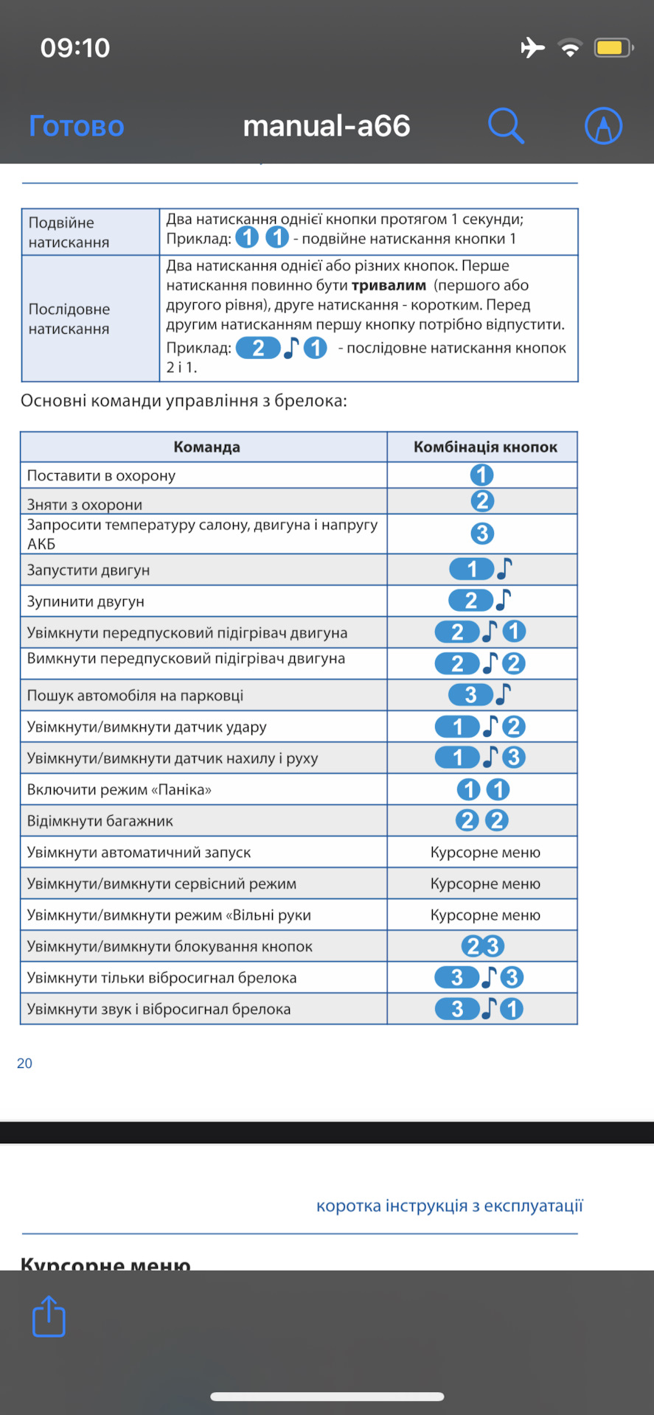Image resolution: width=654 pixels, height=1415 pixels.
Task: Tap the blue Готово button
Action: click(77, 126)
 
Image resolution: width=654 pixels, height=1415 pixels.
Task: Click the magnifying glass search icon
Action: click(506, 125)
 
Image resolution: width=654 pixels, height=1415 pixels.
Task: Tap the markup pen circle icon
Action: click(603, 125)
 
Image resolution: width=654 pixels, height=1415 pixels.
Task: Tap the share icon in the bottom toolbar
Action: click(49, 1316)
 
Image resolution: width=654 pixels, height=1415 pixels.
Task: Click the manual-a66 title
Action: click(327, 126)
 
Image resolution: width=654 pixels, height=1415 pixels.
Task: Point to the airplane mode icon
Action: click(532, 48)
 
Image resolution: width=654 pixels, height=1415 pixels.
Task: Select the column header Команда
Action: click(206, 447)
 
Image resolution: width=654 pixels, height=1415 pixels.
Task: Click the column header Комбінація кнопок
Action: click(485, 447)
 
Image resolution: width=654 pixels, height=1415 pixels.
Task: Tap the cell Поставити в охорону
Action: click(102, 475)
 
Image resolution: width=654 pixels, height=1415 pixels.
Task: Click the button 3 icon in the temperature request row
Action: click(482, 534)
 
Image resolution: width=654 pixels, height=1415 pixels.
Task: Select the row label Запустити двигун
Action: click(88, 570)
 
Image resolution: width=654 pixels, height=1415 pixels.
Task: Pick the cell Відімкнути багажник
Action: click(100, 821)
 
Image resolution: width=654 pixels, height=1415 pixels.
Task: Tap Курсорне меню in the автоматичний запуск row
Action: click(485, 853)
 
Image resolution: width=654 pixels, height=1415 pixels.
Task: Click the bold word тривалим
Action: click(389, 285)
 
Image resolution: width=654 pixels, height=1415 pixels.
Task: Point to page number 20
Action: click(24, 1063)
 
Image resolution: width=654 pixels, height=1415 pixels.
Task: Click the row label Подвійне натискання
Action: click(69, 232)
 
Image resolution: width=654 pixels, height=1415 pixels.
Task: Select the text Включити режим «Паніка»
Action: click(119, 789)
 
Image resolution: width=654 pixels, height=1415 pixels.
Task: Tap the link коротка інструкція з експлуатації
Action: click(450, 1206)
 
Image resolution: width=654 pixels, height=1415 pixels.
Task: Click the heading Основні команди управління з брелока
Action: click(184, 401)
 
